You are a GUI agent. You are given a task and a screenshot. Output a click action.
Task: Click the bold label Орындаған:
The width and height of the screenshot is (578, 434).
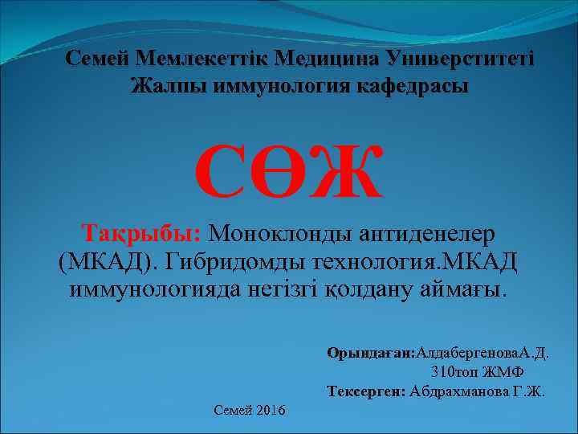click(x=368, y=352)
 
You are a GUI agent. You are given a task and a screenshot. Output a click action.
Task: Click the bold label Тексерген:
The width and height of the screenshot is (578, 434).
click(x=366, y=392)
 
